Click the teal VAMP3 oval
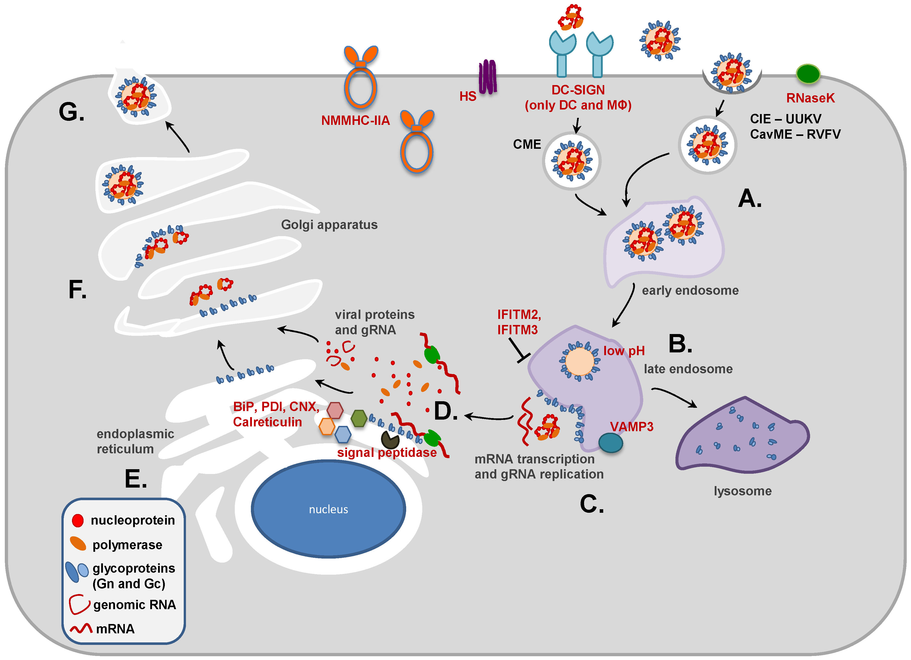[x=611, y=443]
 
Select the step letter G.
[x=71, y=112]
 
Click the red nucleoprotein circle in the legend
[x=78, y=520]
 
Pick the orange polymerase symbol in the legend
[x=78, y=544]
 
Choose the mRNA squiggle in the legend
[x=81, y=628]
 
